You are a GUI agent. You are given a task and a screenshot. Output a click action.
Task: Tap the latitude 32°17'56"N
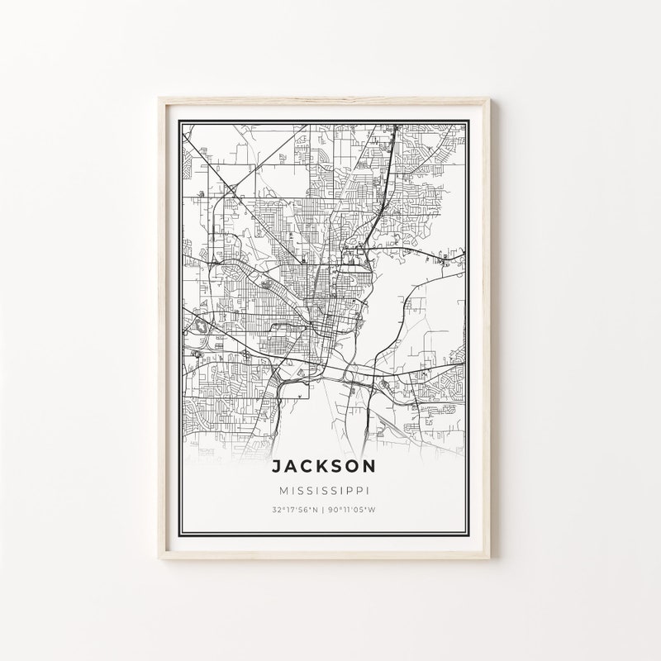click(x=294, y=509)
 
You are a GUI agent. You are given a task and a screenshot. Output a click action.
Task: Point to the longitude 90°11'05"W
click(x=351, y=509)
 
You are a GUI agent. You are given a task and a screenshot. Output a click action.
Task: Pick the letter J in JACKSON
click(x=274, y=467)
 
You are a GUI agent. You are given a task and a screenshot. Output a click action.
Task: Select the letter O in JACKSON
click(x=353, y=467)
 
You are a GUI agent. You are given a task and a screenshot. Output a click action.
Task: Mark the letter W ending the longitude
click(x=373, y=509)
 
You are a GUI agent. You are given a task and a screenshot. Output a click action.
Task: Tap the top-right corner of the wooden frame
click(x=503, y=98)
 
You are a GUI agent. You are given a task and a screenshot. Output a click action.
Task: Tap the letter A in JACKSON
click(x=288, y=467)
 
